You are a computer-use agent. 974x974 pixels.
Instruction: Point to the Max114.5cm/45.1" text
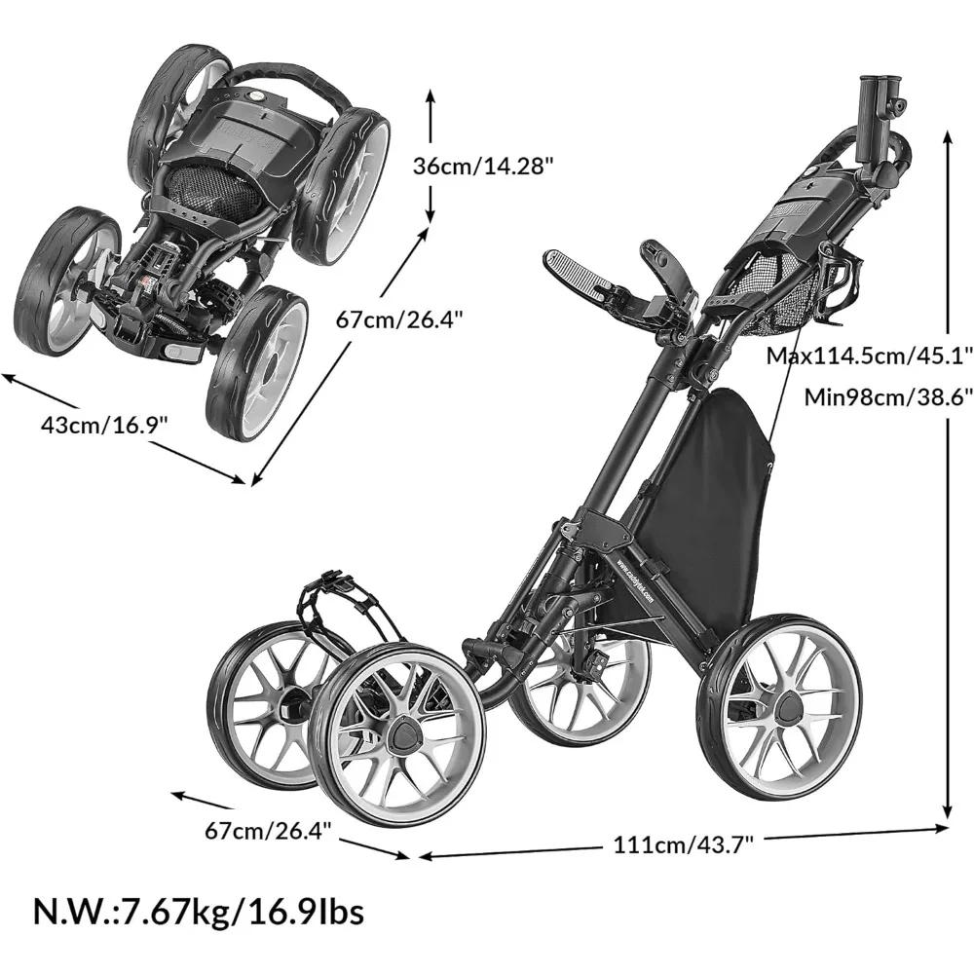pos(869,355)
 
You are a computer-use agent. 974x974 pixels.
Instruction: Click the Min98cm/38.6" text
pos(887,396)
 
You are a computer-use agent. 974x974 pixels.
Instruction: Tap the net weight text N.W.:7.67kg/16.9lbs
pos(199,913)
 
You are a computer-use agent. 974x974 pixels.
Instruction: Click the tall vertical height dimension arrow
pos(946,477)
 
